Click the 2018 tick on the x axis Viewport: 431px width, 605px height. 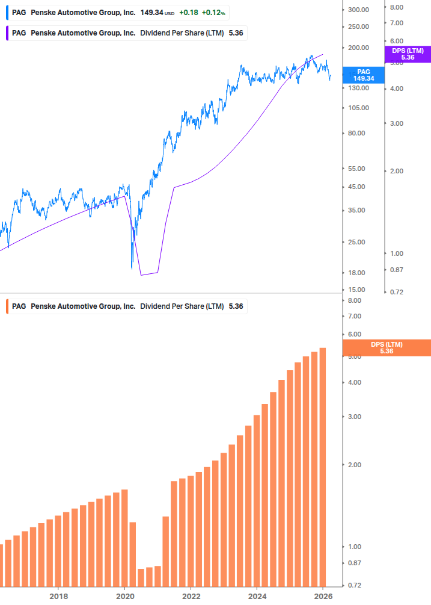tap(58, 596)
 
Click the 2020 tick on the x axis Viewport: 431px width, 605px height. tap(124, 596)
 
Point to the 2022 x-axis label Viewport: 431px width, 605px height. tap(191, 596)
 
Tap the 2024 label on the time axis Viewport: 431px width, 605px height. tap(257, 596)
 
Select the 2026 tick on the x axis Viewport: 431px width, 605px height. tap(323, 596)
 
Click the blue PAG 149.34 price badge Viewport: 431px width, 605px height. tap(363, 75)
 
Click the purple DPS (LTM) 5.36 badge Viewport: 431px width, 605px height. tap(407, 54)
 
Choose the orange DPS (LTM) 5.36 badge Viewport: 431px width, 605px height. tap(386, 347)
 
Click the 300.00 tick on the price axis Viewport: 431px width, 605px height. tap(358, 10)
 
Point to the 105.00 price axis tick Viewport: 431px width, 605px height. tap(358, 108)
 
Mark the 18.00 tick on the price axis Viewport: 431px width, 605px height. tap(358, 273)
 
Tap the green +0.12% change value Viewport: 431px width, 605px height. tap(213, 12)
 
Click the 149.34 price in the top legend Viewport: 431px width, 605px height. tap(151, 12)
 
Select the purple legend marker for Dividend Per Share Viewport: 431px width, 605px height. tap(6, 33)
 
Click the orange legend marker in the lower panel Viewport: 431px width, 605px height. tap(6, 306)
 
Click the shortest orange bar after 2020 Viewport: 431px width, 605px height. tap(141, 577)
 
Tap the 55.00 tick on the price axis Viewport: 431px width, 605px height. tap(358, 169)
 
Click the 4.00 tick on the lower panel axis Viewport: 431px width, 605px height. tap(354, 382)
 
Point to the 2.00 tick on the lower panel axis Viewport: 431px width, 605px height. tap(354, 465)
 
